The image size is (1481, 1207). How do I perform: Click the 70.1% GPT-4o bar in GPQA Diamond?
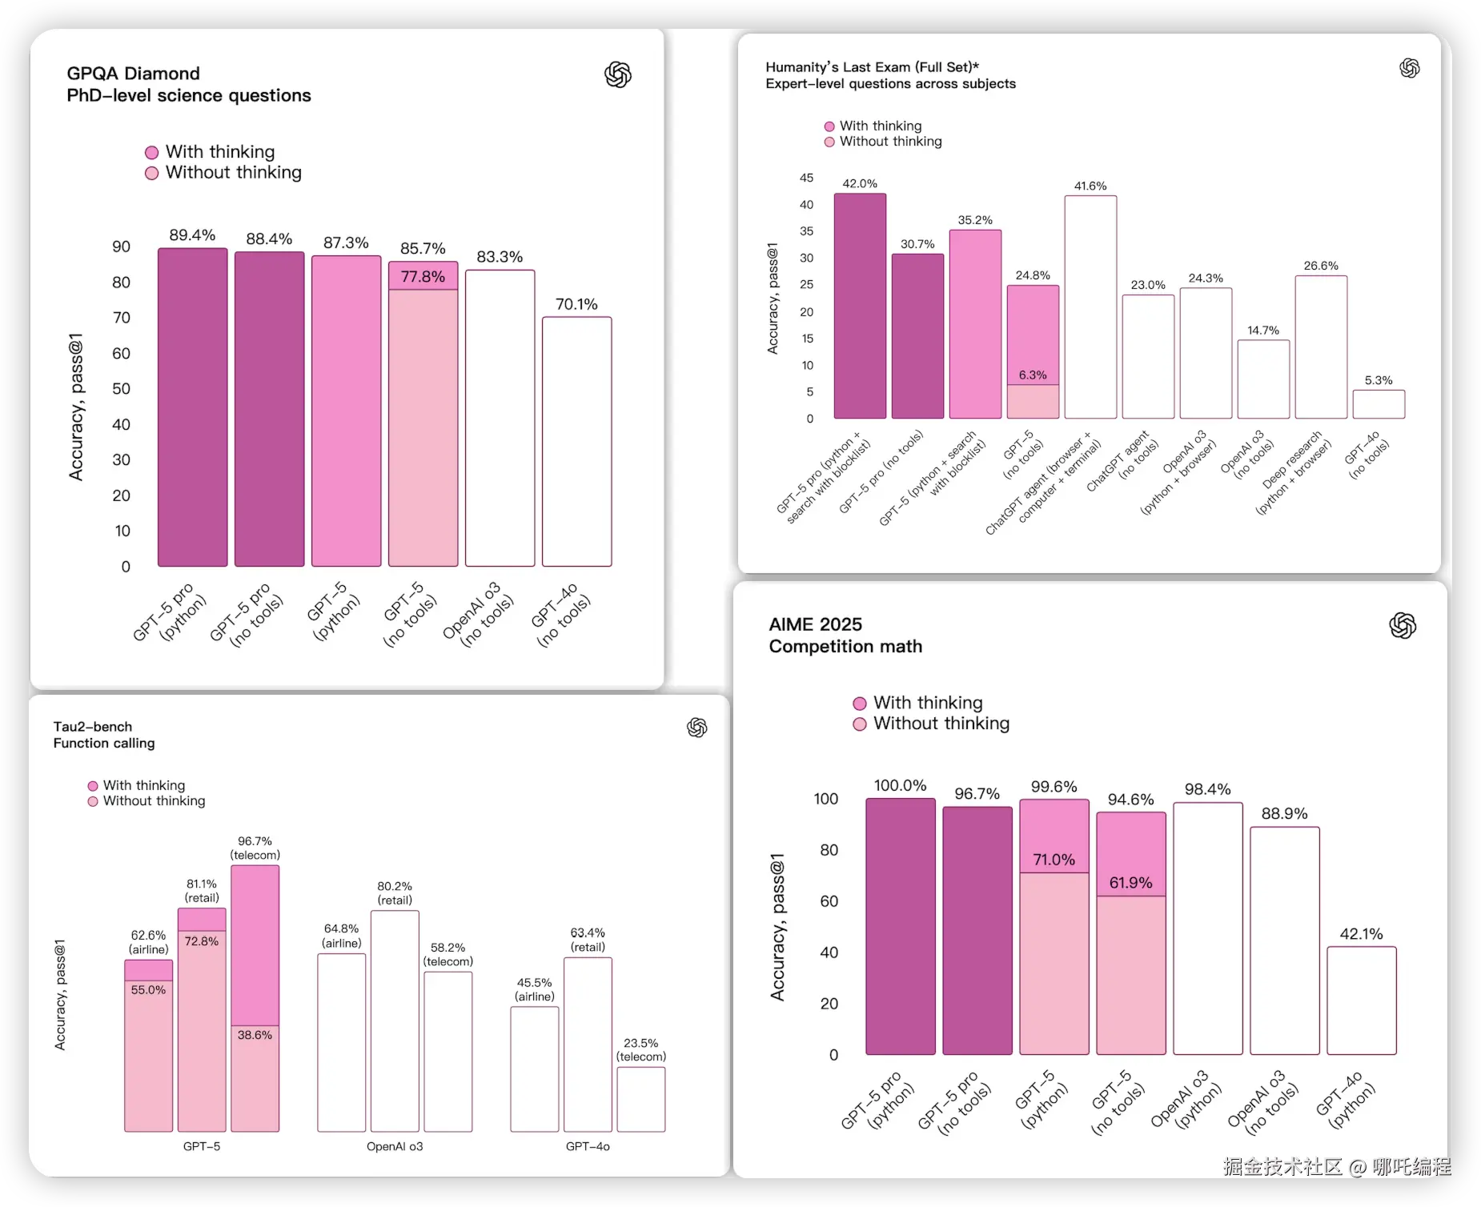click(x=576, y=442)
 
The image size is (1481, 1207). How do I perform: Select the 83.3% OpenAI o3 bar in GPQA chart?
click(x=500, y=418)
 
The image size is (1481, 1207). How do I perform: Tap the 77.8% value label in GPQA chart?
click(x=423, y=277)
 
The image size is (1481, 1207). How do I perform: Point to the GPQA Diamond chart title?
click(x=188, y=84)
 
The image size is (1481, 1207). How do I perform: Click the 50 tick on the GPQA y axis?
click(x=121, y=389)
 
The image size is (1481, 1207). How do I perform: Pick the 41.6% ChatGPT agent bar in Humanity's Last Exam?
click(x=1090, y=307)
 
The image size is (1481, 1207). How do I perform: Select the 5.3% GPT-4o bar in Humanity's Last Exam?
click(x=1379, y=404)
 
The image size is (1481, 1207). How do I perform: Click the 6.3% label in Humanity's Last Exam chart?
click(x=1033, y=375)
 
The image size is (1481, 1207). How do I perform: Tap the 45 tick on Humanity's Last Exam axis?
click(x=806, y=178)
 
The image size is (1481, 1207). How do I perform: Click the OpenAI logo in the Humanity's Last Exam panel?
click(x=1409, y=68)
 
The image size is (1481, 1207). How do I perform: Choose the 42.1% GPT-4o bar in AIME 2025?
click(x=1361, y=1000)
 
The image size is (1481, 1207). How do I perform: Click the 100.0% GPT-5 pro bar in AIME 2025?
click(x=900, y=926)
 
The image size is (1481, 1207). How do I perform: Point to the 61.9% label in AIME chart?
click(x=1130, y=883)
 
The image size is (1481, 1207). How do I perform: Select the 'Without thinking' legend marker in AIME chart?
click(x=860, y=724)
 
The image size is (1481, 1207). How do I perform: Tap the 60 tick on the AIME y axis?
click(x=829, y=901)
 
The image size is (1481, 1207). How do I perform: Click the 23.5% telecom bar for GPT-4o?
click(x=640, y=1099)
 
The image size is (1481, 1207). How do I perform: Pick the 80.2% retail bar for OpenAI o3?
click(x=395, y=1021)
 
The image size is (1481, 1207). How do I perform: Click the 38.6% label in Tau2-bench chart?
click(x=255, y=1035)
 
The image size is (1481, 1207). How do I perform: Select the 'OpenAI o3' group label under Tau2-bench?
click(x=395, y=1146)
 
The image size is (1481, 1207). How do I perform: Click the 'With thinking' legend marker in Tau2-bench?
click(x=93, y=786)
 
